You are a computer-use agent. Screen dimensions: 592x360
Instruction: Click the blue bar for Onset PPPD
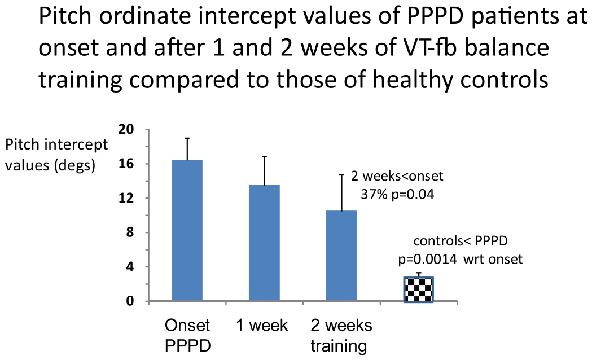[187, 230]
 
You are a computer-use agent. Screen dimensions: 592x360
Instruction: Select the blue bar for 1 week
[264, 243]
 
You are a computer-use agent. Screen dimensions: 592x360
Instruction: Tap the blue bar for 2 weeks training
[341, 256]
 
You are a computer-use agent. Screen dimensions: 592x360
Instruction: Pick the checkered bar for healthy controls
[418, 289]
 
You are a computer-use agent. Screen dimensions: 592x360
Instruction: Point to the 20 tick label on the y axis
[126, 129]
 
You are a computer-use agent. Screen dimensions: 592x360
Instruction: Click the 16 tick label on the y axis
[126, 164]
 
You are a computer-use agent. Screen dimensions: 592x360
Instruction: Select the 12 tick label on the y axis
[126, 198]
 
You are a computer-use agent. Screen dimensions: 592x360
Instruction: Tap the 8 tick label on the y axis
[130, 232]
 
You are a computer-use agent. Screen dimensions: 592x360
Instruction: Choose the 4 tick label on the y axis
[130, 267]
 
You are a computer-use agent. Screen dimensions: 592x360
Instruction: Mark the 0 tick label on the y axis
[130, 301]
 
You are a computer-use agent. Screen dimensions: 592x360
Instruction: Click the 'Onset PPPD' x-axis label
[187, 336]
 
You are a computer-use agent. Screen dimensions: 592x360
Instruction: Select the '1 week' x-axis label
[262, 326]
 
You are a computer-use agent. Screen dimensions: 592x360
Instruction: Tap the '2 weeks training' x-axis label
[341, 336]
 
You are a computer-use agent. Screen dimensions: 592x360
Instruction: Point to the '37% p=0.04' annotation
[397, 194]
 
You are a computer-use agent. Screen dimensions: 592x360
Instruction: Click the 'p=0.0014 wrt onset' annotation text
[461, 260]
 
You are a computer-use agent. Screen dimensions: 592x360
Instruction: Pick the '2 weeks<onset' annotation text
[397, 176]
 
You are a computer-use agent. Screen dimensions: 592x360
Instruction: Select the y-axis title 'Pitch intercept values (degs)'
[56, 155]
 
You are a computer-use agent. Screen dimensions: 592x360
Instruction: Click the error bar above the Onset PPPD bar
[187, 149]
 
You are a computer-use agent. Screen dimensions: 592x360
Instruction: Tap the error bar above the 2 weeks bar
[341, 193]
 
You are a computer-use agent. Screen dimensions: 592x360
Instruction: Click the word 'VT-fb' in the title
[408, 48]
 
